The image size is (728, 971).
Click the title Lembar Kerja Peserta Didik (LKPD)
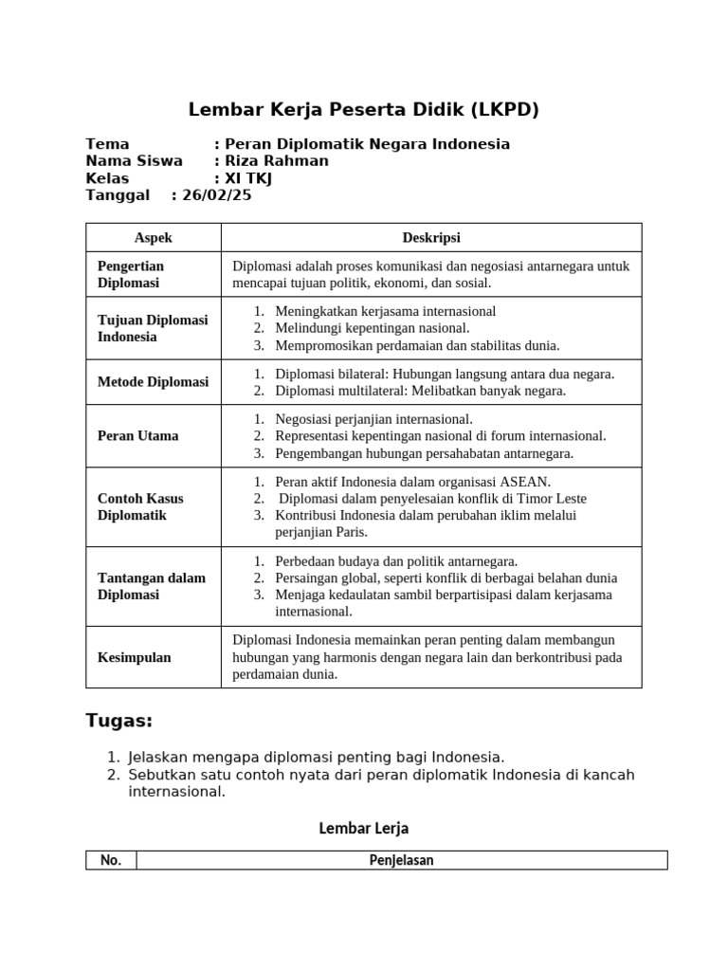coord(364,110)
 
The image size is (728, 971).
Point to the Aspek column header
coord(154,238)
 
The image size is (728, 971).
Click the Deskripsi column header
coord(431,238)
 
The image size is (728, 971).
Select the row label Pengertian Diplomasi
coord(131,274)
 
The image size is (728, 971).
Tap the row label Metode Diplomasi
coord(153,382)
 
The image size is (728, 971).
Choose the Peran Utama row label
coord(138,436)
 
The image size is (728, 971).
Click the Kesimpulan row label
coord(135,657)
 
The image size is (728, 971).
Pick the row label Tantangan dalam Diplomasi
coord(152,586)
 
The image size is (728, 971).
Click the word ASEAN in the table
coord(526,482)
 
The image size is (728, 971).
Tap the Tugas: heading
coord(119,722)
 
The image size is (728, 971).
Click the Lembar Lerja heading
coord(363,829)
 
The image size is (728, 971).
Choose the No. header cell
coord(111,861)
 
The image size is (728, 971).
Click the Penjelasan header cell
coord(401,861)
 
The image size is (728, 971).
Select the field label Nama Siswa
coord(134,161)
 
